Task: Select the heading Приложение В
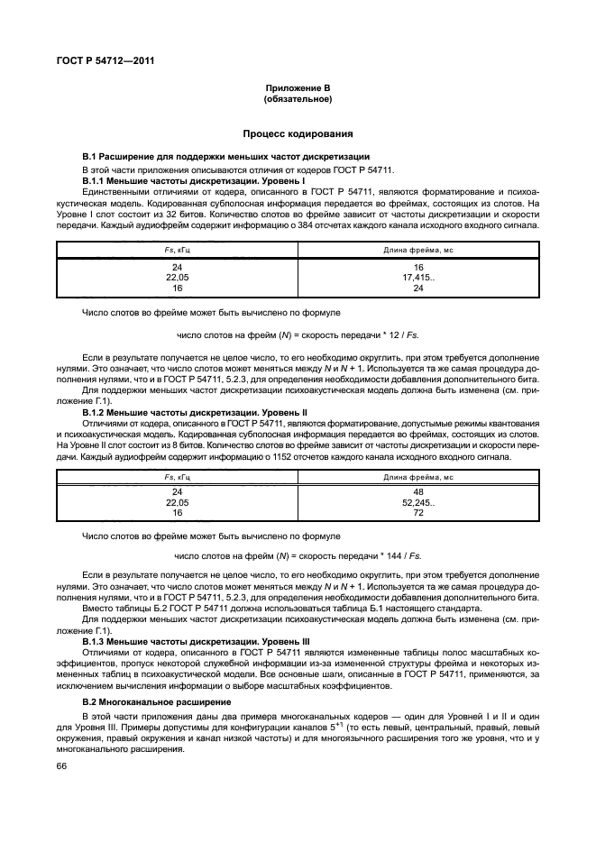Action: click(x=298, y=87)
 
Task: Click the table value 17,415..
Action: click(x=417, y=279)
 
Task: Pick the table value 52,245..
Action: click(x=417, y=502)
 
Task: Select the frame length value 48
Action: click(x=417, y=492)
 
